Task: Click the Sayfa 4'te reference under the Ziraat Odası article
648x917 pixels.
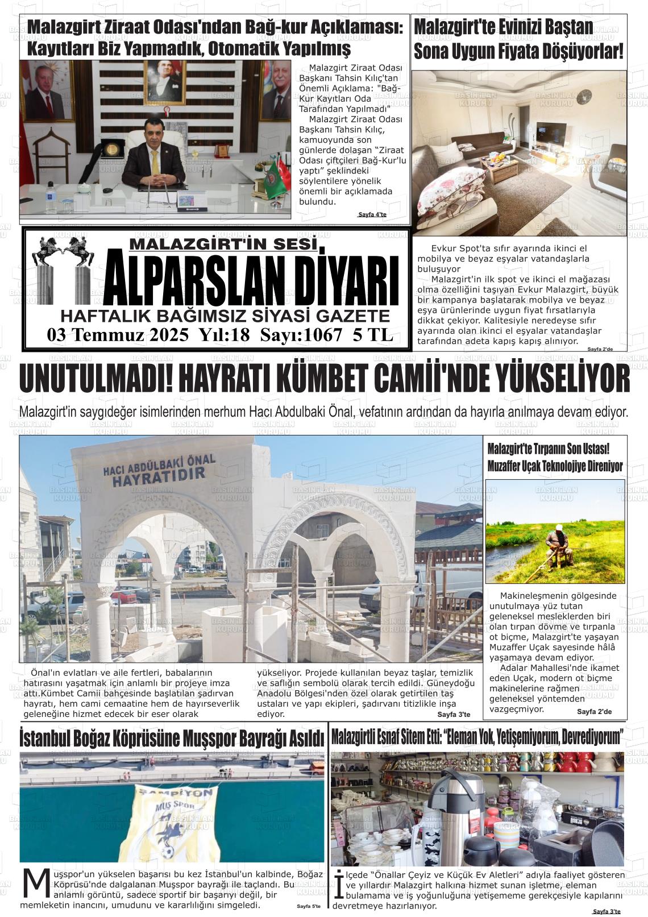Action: pyautogui.click(x=372, y=215)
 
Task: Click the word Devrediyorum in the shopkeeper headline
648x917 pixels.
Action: pyautogui.click(x=592, y=738)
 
